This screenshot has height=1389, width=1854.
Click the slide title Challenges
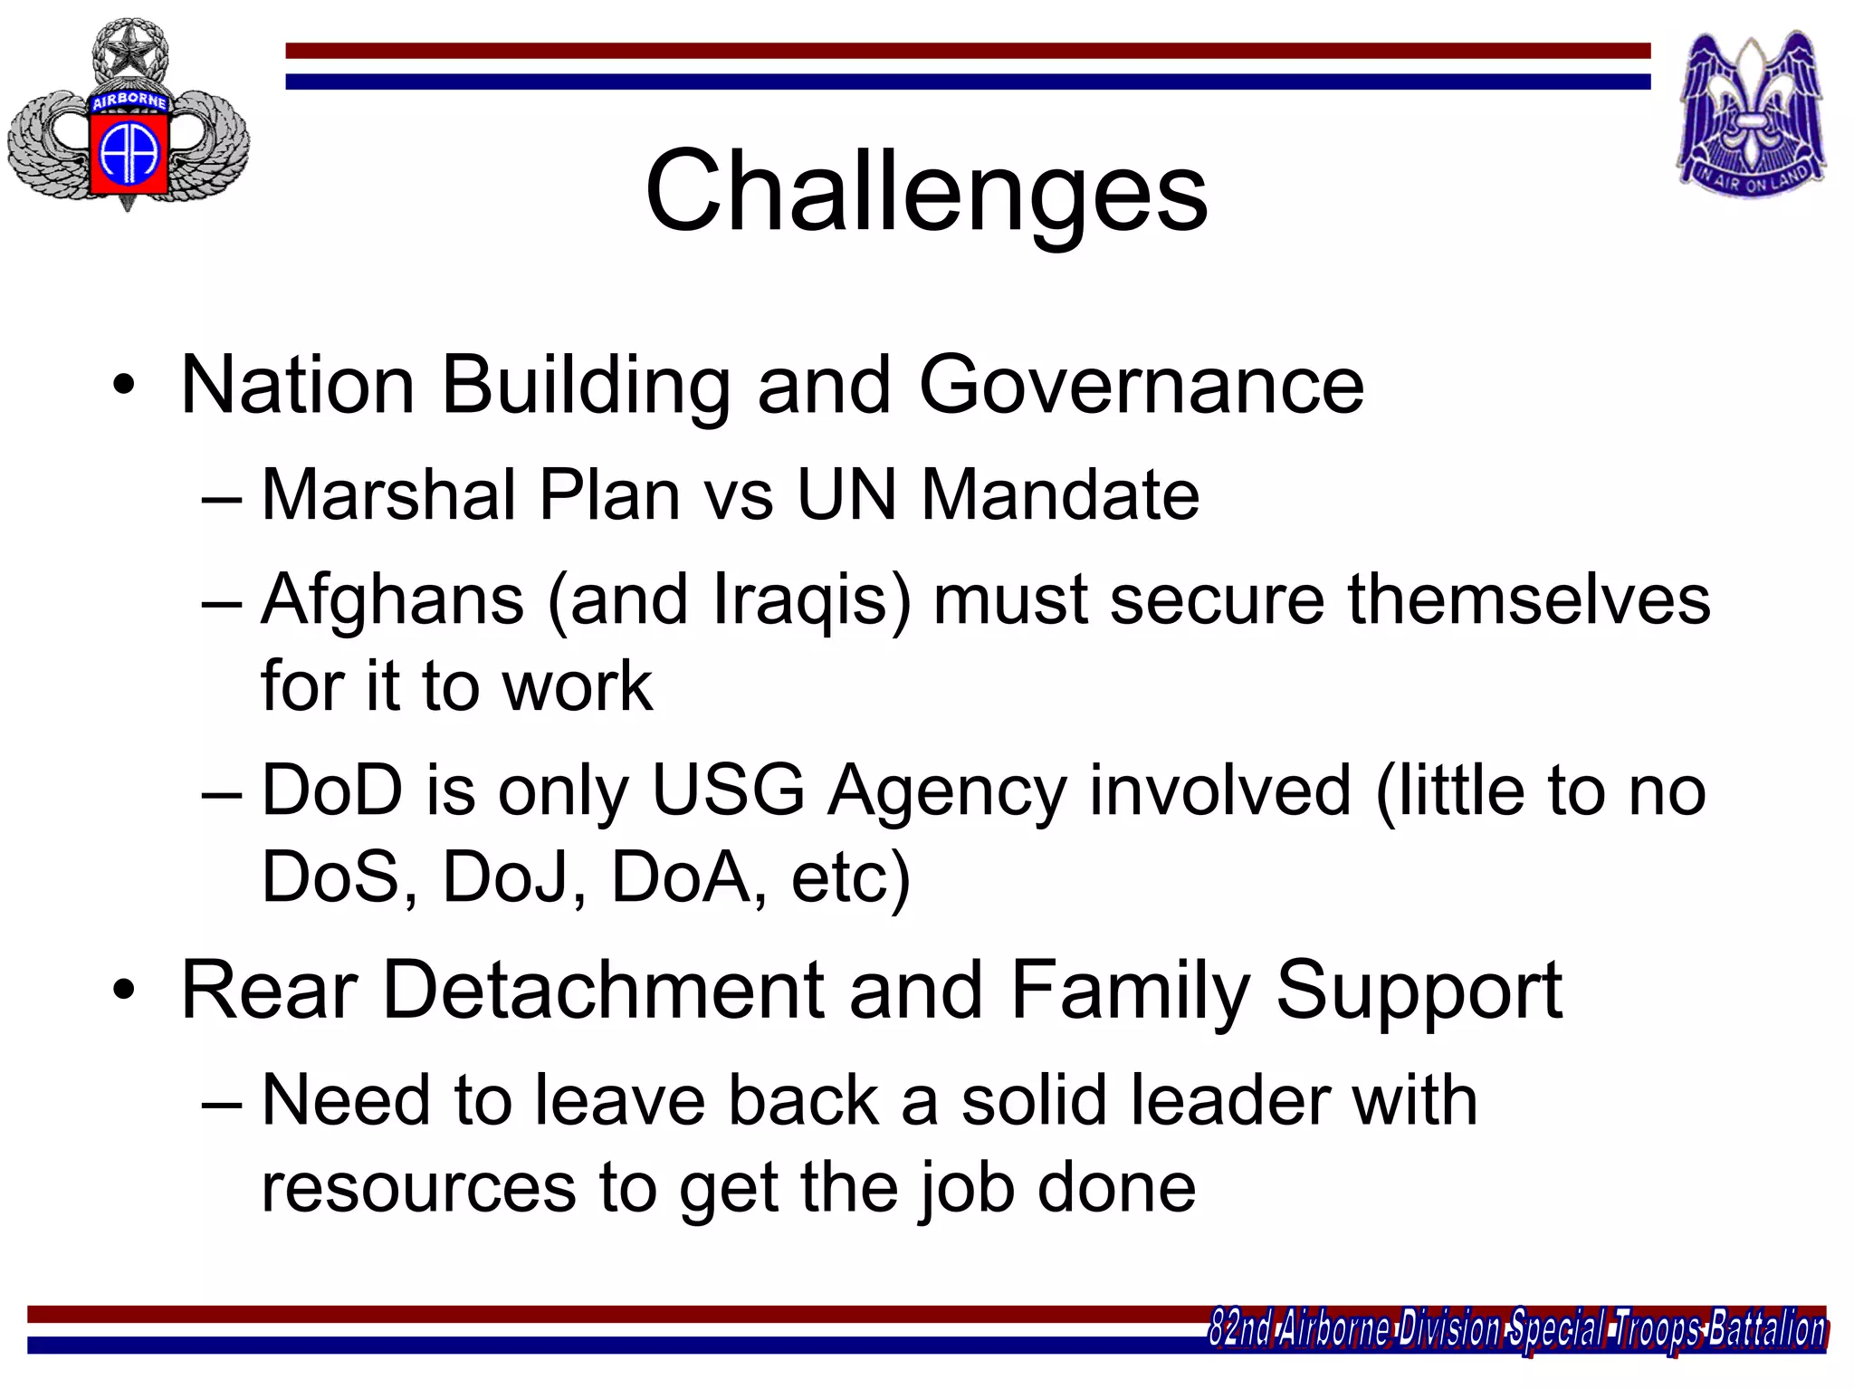click(x=925, y=192)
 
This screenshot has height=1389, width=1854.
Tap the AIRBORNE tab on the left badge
click(x=129, y=101)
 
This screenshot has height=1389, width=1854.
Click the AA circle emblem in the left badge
click(x=129, y=152)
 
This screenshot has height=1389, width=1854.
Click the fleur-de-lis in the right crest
click(x=1752, y=109)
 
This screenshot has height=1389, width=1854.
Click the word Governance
click(x=1141, y=386)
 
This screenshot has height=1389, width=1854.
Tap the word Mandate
click(x=1060, y=495)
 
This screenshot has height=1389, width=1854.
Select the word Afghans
click(x=392, y=600)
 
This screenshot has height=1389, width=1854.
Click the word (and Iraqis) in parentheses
click(x=730, y=600)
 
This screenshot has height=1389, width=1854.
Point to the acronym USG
click(x=727, y=790)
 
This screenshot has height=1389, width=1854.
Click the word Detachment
click(x=604, y=991)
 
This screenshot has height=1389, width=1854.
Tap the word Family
click(x=1129, y=991)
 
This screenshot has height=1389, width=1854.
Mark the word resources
click(x=418, y=1187)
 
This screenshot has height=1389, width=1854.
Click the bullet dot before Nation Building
click(x=124, y=386)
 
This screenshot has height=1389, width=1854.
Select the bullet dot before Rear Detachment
click(x=124, y=991)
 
